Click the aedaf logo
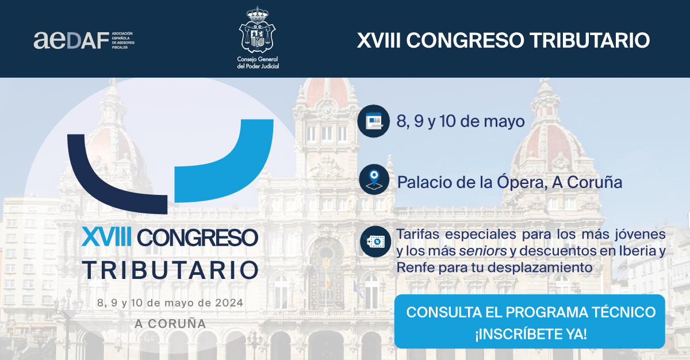point(84,40)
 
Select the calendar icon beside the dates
point(373,121)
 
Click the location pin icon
point(374,179)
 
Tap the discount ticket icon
point(375,242)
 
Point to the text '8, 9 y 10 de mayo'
point(460,121)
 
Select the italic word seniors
point(482,251)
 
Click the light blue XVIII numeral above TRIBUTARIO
point(106,237)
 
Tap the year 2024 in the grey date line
point(229,302)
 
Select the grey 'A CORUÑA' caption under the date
point(170,323)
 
